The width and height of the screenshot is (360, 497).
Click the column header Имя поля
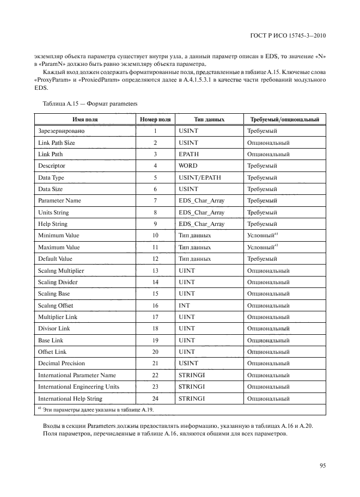84,120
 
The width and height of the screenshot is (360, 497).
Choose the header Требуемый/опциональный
284,120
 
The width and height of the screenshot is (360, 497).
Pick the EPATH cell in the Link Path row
188,154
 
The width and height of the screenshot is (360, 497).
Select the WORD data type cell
188,165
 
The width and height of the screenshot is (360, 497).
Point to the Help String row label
53,224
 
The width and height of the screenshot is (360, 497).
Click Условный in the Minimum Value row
261,236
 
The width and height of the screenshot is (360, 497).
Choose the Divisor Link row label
54,329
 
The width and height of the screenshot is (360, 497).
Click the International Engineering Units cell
80,387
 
